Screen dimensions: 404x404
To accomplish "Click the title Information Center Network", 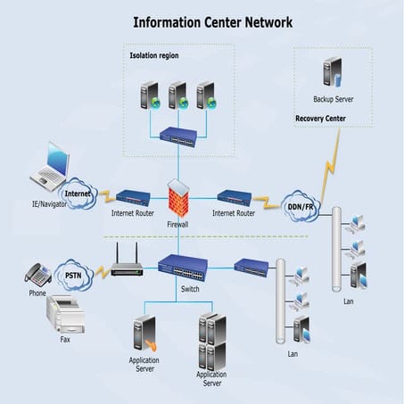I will [211, 21].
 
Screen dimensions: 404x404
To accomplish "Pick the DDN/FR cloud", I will [299, 206].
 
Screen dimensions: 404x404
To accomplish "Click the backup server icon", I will [333, 72].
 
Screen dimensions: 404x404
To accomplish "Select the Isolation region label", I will [155, 56].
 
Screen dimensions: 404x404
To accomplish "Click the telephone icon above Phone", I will [37, 274].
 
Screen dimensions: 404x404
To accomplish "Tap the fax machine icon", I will [65, 315].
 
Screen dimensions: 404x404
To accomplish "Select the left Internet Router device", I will [133, 196].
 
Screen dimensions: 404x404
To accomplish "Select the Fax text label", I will [64, 340].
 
